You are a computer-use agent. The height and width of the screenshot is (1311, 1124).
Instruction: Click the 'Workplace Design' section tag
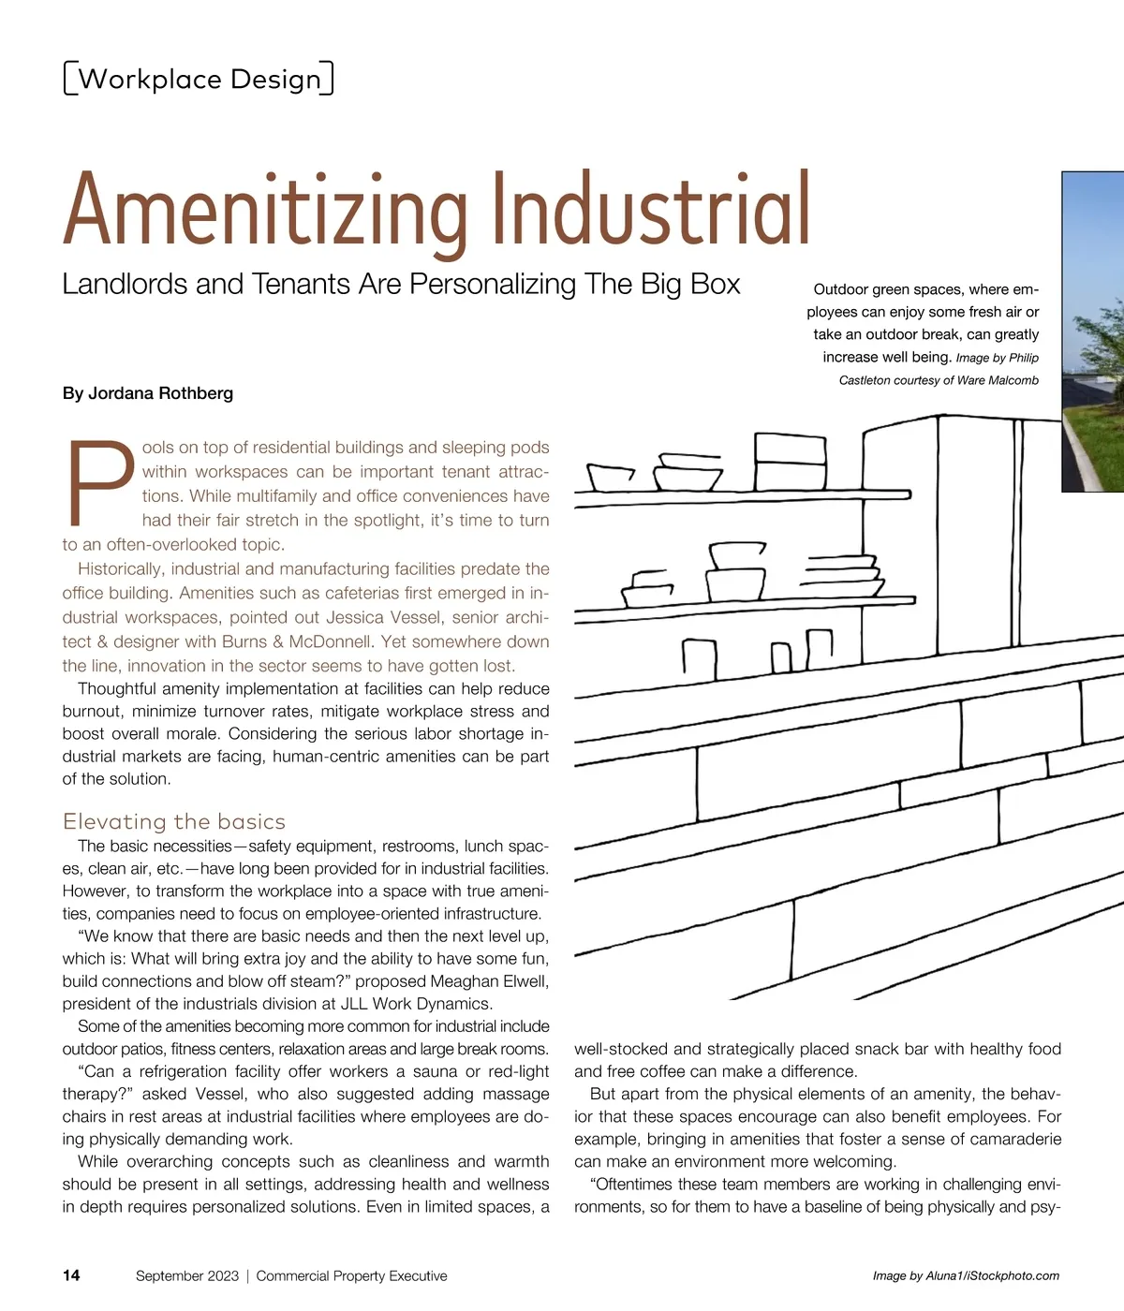point(199,79)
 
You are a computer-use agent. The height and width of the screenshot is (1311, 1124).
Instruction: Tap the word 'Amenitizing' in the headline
point(266,211)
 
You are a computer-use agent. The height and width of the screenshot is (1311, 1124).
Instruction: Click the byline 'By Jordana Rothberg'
point(148,393)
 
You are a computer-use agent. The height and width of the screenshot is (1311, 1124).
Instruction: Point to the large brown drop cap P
point(99,481)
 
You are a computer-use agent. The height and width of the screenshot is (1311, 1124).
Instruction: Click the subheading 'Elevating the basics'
point(174,821)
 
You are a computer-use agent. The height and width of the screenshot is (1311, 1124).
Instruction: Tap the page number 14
point(71,1275)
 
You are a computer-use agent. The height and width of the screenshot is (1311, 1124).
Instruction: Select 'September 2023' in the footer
point(187,1275)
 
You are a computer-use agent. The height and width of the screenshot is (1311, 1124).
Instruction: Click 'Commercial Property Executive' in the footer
point(351,1275)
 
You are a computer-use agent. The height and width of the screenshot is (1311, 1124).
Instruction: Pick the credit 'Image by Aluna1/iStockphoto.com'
point(966,1275)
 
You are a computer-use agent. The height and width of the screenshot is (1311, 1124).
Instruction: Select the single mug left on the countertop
point(700,658)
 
